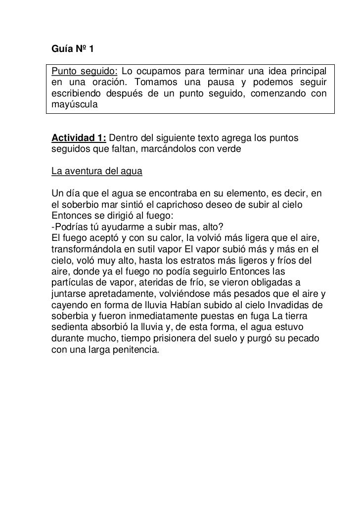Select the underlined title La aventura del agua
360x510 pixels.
pos(97,172)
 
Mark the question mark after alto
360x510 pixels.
pos(223,227)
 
